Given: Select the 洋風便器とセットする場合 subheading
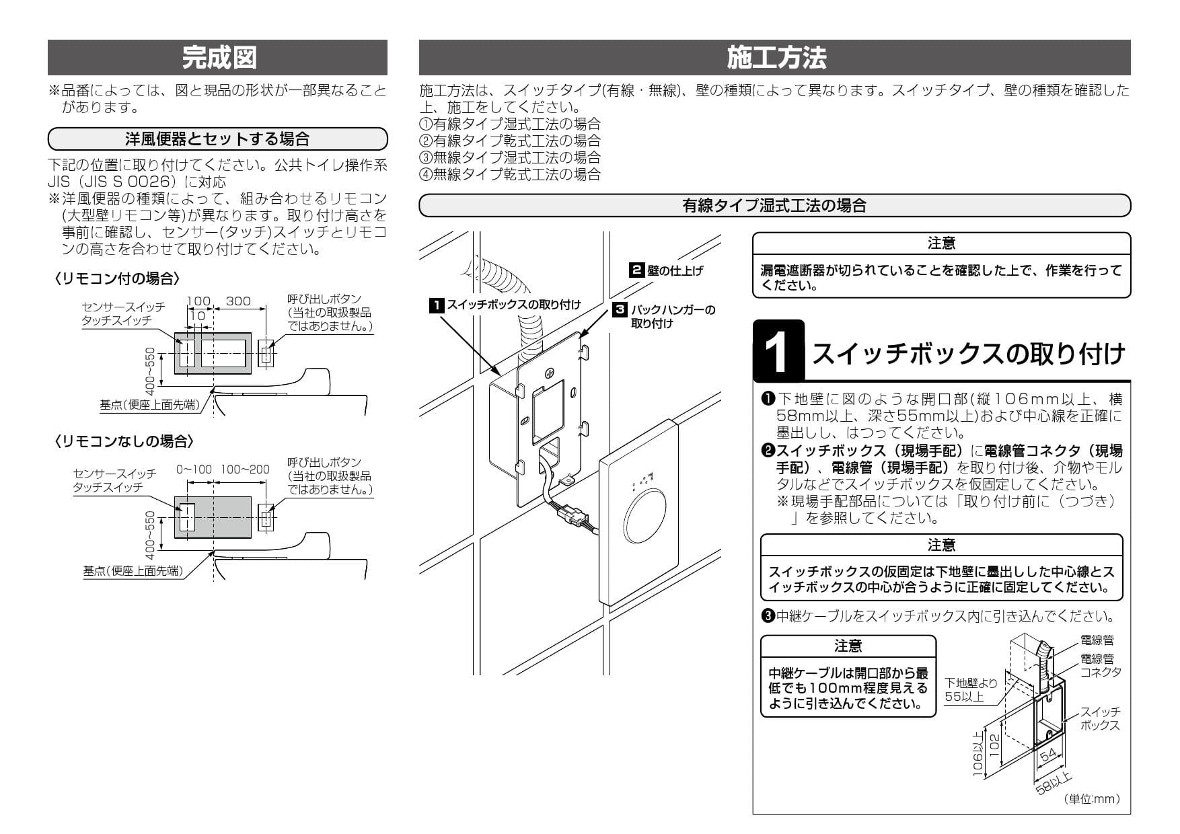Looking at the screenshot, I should click(218, 139).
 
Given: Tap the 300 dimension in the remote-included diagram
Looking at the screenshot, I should click(237, 301).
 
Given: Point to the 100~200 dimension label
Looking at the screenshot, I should click(245, 469).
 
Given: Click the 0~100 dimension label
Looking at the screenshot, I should click(194, 469).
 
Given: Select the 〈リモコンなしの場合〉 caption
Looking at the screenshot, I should click(124, 441).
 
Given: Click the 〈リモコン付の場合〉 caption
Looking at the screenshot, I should click(118, 278).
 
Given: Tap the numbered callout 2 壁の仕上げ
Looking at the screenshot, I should click(666, 270).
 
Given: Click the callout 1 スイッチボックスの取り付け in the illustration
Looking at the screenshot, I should click(505, 305).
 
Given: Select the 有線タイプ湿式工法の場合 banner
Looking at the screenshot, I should click(774, 206).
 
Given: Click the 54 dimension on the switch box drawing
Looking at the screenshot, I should click(1048, 755).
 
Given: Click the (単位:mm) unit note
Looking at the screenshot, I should click(1093, 799).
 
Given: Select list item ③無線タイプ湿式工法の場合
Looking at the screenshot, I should click(510, 157).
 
